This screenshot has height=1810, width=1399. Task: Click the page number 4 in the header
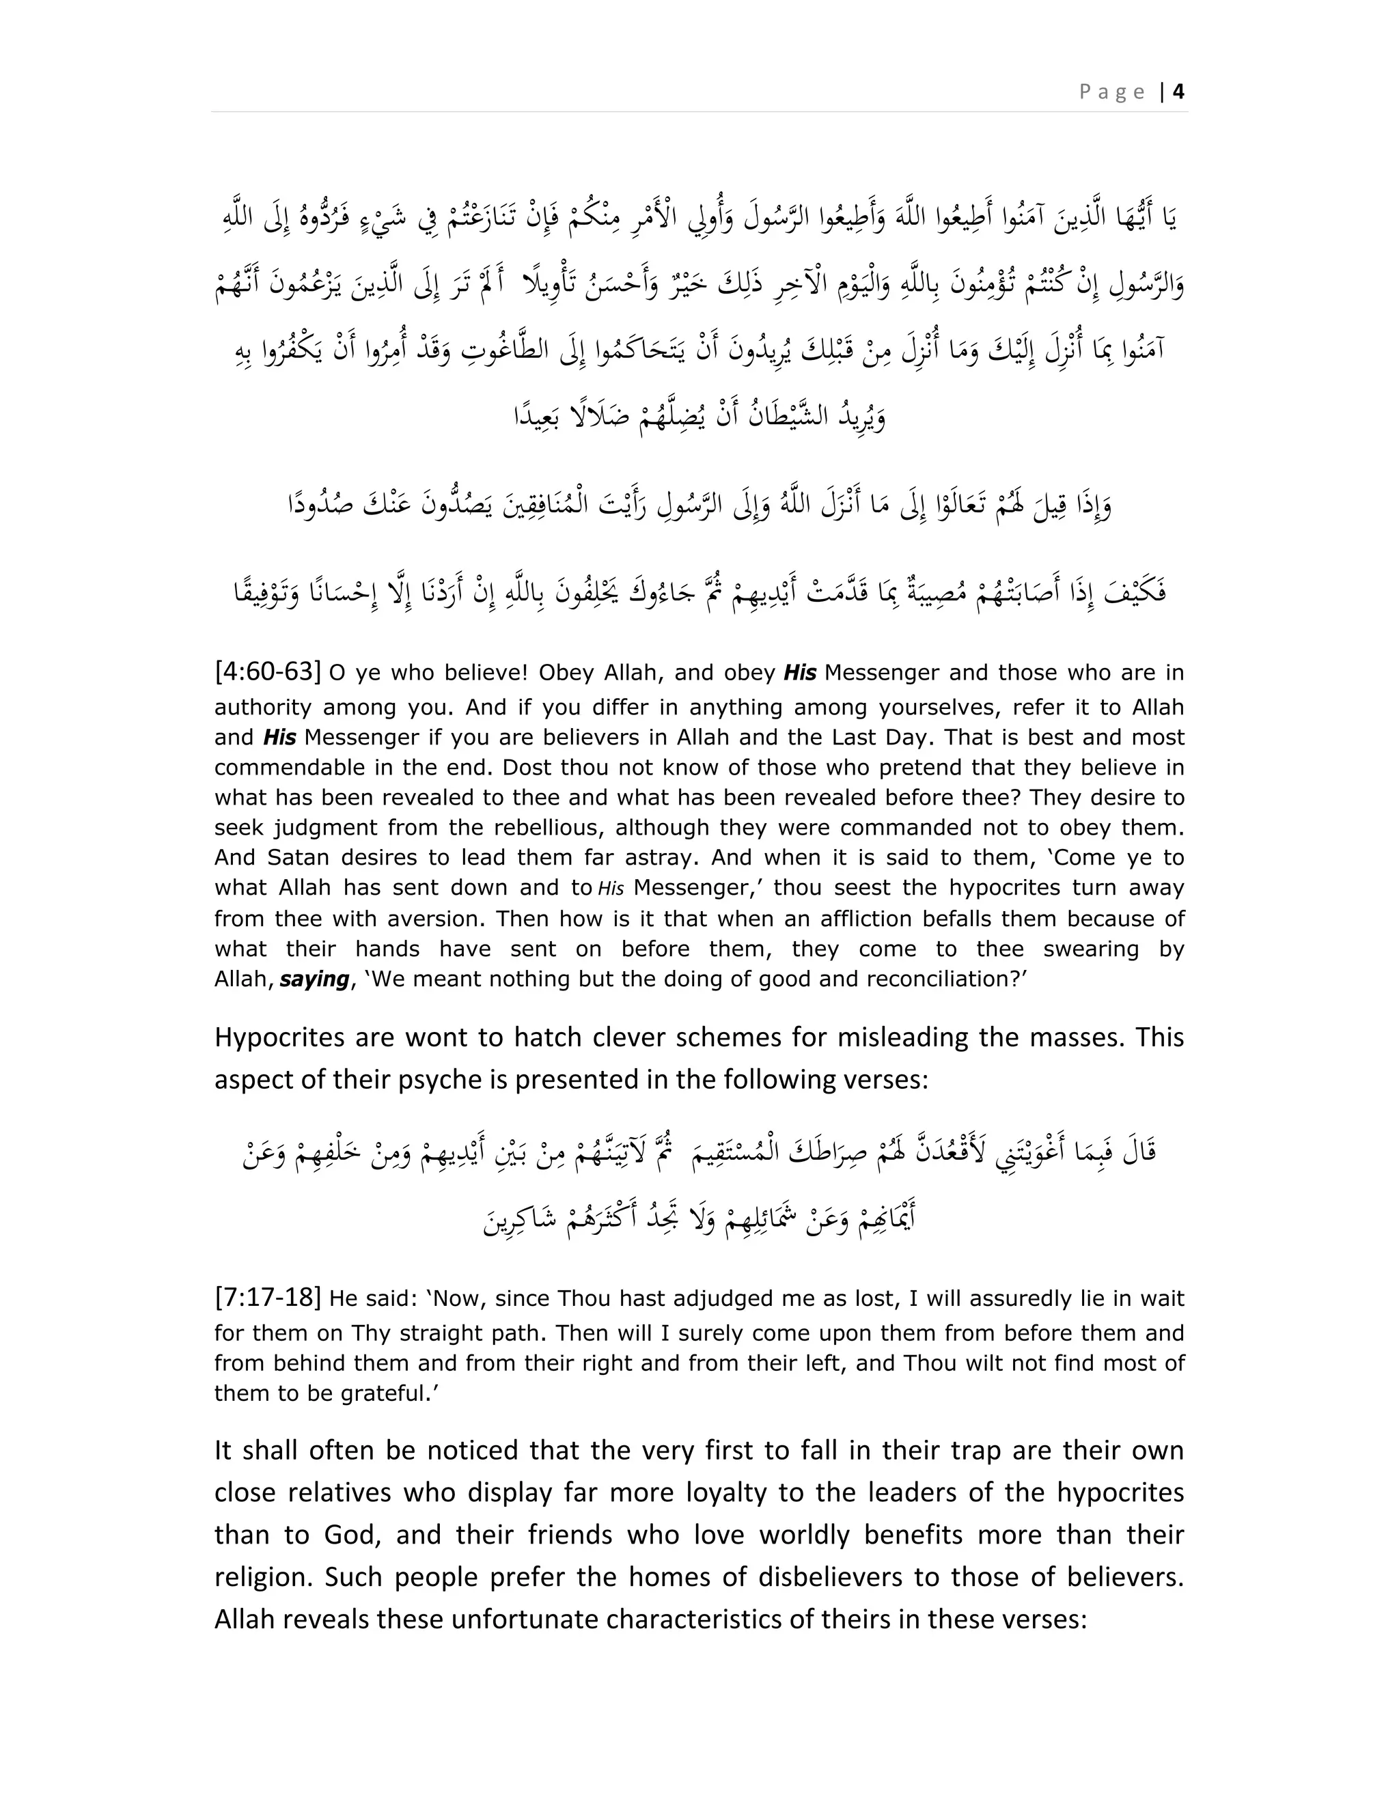[x=1178, y=92]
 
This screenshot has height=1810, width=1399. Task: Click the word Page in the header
[x=1112, y=92]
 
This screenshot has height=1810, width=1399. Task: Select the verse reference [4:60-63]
[x=267, y=671]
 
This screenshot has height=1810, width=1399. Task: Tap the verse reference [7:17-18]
[x=267, y=1297]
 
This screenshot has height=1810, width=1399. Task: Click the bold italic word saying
[x=314, y=979]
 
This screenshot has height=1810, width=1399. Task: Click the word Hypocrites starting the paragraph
[x=275, y=1038]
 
